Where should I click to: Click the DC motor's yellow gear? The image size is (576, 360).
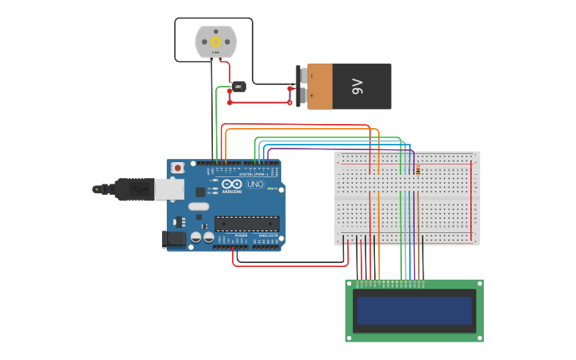(x=215, y=41)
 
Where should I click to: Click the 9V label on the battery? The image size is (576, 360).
(x=358, y=87)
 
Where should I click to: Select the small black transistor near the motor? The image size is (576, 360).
(x=238, y=86)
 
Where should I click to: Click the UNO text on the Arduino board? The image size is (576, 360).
(x=255, y=184)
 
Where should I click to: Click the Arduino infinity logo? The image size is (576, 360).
(x=231, y=184)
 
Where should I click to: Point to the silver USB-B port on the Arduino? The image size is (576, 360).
(x=168, y=189)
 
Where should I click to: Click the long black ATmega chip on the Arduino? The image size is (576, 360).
(x=246, y=223)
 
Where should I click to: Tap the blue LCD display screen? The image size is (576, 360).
(x=414, y=310)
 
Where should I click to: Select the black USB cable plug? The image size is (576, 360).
(x=133, y=189)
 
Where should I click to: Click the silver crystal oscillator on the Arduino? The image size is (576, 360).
(x=199, y=207)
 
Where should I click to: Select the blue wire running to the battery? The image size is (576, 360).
(x=260, y=103)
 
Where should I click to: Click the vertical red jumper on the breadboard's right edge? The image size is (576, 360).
(x=471, y=199)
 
